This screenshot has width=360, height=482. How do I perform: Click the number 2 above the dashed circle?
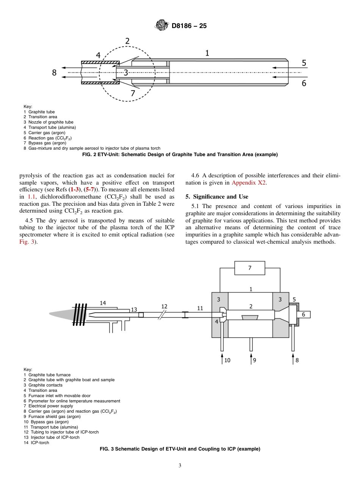pyautogui.click(x=128, y=41)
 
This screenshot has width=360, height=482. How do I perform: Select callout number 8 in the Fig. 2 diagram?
pyautogui.click(x=54, y=72)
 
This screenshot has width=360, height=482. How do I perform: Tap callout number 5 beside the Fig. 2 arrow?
pyautogui.click(x=304, y=63)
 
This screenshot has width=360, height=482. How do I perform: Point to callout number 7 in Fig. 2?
pyautogui.click(x=133, y=93)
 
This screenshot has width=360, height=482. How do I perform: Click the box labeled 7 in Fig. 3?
pyautogui.click(x=250, y=268)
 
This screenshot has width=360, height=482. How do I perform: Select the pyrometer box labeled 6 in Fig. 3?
pyautogui.click(x=303, y=314)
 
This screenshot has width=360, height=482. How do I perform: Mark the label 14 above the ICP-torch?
pyautogui.click(x=103, y=302)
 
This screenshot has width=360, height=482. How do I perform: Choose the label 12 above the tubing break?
pyautogui.click(x=164, y=306)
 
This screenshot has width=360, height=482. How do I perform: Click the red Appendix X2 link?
pyautogui.click(x=249, y=183)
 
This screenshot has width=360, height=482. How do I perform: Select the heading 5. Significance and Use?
pyautogui.click(x=217, y=197)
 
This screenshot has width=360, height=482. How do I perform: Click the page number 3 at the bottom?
pyautogui.click(x=180, y=466)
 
